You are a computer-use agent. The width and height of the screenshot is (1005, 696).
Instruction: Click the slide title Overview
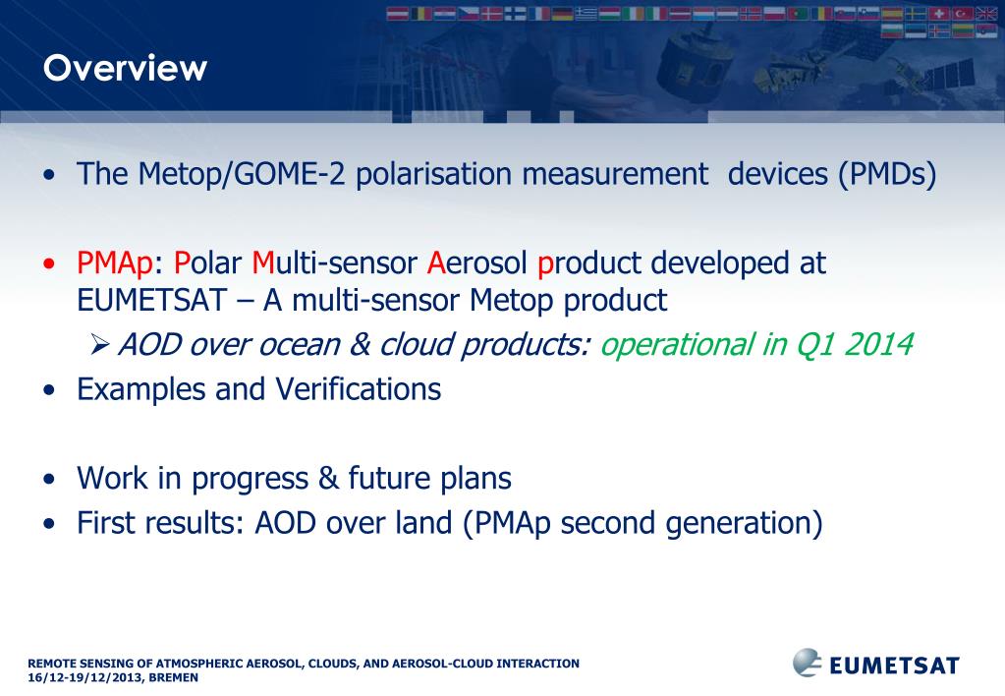click(125, 68)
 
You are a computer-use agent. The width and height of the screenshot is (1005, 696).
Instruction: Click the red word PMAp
click(115, 263)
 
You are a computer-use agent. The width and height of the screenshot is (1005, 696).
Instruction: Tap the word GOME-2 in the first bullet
click(289, 174)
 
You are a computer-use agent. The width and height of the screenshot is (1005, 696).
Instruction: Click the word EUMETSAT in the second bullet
click(152, 300)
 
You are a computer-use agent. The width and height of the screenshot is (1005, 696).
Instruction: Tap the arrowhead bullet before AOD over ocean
click(100, 345)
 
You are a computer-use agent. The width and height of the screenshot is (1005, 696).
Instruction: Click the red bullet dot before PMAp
click(49, 264)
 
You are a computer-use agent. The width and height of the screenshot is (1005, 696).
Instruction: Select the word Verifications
click(359, 389)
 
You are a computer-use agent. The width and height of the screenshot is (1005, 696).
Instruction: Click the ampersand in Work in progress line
click(328, 479)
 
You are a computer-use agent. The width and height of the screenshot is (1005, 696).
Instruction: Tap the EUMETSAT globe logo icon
click(808, 663)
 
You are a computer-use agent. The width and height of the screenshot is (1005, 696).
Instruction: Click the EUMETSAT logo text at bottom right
click(895, 666)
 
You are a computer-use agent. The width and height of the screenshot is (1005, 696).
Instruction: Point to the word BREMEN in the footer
click(173, 678)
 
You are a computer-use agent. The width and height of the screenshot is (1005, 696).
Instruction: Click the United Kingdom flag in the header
click(985, 14)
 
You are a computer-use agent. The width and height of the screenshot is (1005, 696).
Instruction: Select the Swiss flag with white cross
click(939, 14)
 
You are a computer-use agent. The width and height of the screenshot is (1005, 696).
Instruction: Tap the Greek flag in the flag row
click(586, 14)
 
